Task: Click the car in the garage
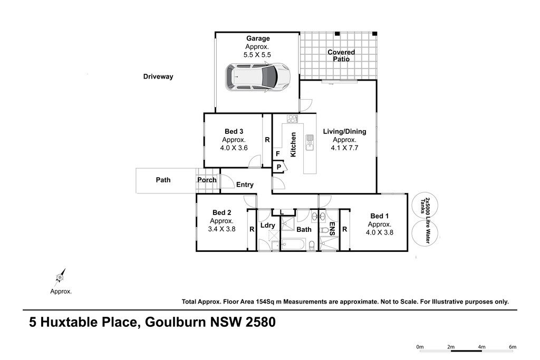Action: [x=257, y=77]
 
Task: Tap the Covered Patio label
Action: [x=341, y=55]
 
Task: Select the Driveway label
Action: [x=158, y=76]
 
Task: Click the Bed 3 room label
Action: [x=234, y=131]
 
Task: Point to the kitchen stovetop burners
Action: [x=292, y=119]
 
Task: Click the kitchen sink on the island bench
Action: [x=310, y=142]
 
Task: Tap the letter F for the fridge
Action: [x=277, y=154]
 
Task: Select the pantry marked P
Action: [x=278, y=167]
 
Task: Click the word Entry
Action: [x=245, y=184]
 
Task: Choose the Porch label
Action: [x=207, y=180]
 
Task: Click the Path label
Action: [x=163, y=180]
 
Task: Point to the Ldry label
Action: [x=267, y=225]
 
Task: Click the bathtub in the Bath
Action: [x=293, y=246]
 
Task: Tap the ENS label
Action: [x=332, y=229]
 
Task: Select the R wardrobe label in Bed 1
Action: [x=344, y=229]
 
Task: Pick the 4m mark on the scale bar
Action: [x=481, y=347]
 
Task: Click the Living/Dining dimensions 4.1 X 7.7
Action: [x=344, y=148]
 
